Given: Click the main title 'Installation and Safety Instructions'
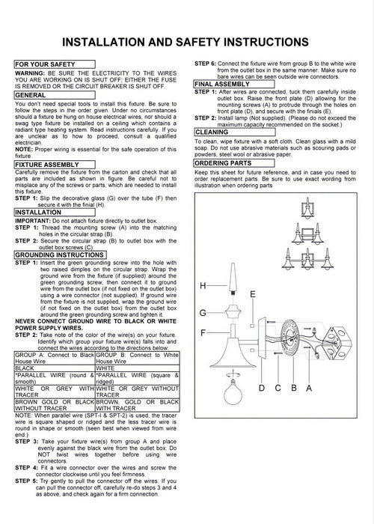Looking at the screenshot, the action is tap(186, 42).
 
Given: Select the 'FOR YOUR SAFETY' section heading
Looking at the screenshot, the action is tap(55, 64).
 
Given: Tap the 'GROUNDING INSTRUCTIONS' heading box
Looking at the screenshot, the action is tap(60, 255).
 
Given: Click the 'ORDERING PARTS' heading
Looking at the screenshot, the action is tap(234, 163).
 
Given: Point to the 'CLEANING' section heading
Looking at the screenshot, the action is tap(234, 132).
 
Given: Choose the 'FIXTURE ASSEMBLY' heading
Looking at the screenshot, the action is tap(55, 165).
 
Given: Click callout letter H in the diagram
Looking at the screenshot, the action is tap(203, 286).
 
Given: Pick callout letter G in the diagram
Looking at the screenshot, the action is tap(203, 313).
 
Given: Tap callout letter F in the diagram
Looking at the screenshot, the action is tap(203, 333).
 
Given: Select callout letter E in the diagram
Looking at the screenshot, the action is tap(253, 294).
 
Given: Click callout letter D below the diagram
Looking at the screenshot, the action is tap(262, 388).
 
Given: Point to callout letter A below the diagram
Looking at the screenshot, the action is tap(309, 388).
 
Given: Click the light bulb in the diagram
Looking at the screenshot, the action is tap(233, 394).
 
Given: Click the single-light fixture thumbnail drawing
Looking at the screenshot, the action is tap(307, 208).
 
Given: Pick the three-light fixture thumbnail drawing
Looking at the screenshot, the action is tap(307, 259).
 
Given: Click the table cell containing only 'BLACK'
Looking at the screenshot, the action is tap(55, 368).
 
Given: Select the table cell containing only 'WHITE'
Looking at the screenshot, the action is tap(138, 368).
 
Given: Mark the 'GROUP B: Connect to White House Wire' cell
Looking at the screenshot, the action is tap(138, 358).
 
